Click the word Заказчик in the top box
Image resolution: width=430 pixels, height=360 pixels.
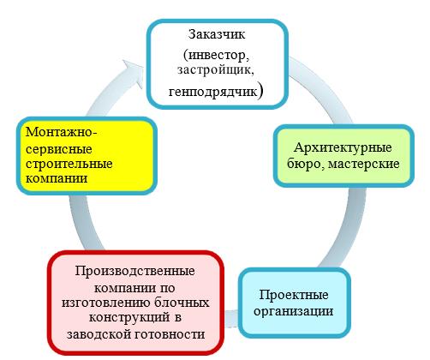pos(217,35)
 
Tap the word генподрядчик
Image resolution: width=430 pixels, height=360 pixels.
pos(212,92)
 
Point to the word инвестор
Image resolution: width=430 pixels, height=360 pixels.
pos(217,54)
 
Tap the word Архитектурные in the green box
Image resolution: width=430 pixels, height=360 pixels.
pos(343,148)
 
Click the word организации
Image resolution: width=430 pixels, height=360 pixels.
pos(294,311)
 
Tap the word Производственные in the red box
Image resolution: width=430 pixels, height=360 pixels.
pos(134,271)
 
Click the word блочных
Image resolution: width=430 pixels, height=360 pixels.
pos(182,303)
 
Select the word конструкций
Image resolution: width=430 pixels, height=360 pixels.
pos(129,318)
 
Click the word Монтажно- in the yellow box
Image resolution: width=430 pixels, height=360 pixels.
pos(62,133)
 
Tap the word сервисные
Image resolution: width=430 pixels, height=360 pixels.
pos(59,149)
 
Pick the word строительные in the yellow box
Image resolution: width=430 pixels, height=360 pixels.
pos(69,165)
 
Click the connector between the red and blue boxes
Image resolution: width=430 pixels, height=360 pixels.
pos(232,319)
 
